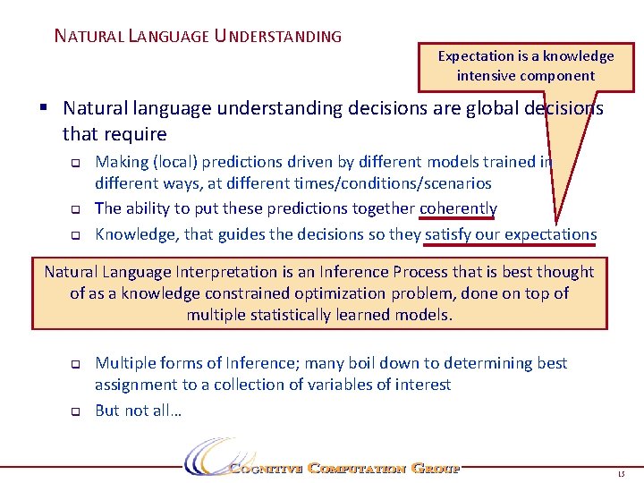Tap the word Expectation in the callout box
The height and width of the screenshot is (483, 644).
pyautogui.click(x=476, y=56)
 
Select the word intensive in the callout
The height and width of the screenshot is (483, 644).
pyautogui.click(x=487, y=76)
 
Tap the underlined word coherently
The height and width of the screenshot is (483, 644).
pyautogui.click(x=457, y=208)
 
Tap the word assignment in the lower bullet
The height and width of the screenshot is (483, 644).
pyautogui.click(x=136, y=385)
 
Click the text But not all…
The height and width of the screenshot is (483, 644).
pyautogui.click(x=138, y=411)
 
